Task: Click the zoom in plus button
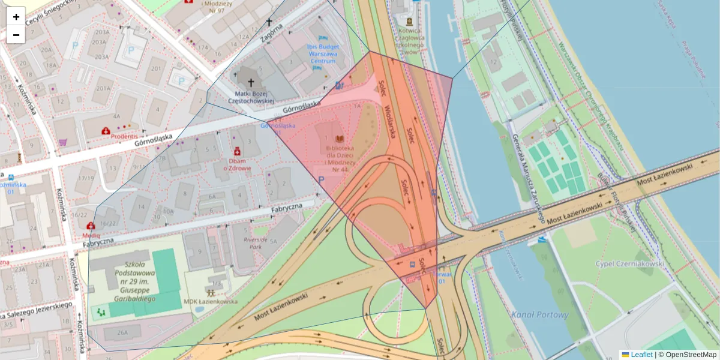[x=16, y=17]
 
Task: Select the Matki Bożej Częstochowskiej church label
[x=254, y=97]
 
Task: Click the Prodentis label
[x=125, y=136]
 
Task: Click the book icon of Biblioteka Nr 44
[x=340, y=139]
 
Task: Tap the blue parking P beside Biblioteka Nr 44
[x=322, y=179]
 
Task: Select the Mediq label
[x=90, y=235]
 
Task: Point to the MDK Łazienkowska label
[x=210, y=302]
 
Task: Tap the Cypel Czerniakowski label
[x=629, y=263]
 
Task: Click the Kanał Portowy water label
[x=539, y=314]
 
